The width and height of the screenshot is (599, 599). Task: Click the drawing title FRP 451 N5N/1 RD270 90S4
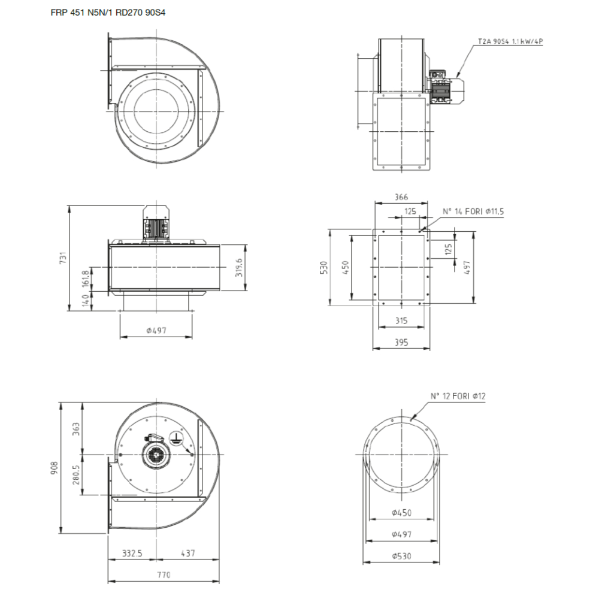[x=108, y=13]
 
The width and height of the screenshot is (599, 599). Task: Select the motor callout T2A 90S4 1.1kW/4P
[x=510, y=41]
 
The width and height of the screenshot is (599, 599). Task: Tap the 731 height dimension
[x=63, y=258]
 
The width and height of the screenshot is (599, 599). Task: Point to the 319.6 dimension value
[x=239, y=267]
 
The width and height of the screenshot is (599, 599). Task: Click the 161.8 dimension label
[x=85, y=279]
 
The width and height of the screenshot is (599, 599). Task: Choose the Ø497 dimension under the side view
[x=156, y=331]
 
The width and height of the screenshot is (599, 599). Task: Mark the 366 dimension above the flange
[x=401, y=197]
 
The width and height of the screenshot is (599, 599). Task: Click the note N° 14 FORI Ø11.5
[x=473, y=211]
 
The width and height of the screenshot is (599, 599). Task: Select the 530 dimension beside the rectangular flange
[x=324, y=267]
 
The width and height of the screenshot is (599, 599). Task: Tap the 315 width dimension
[x=401, y=320]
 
